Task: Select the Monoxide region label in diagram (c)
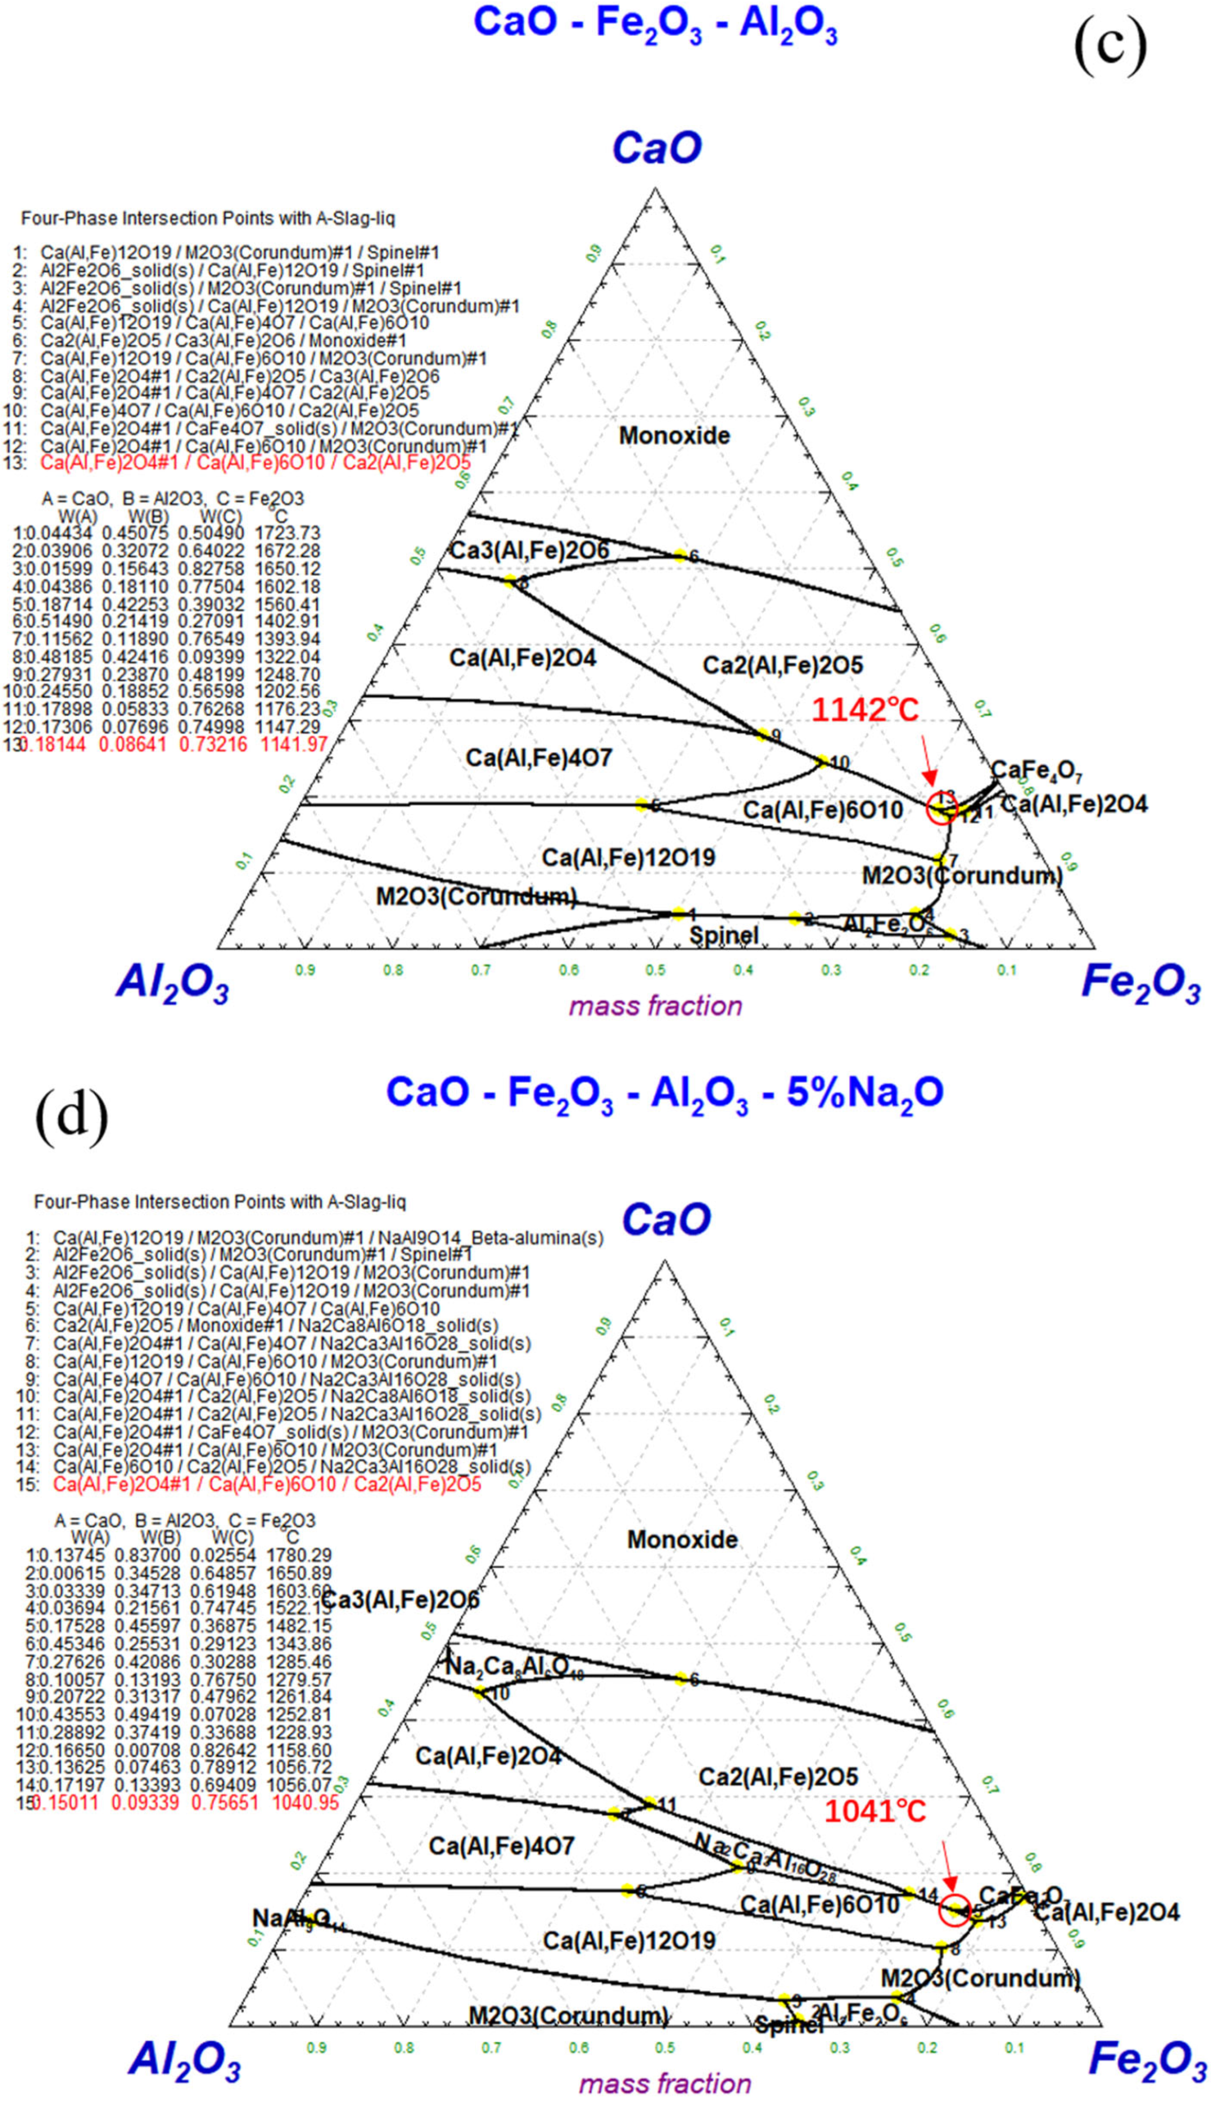tap(674, 435)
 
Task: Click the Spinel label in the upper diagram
tap(724, 935)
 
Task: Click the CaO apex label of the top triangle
tap(657, 148)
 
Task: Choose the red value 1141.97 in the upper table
tap(294, 744)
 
